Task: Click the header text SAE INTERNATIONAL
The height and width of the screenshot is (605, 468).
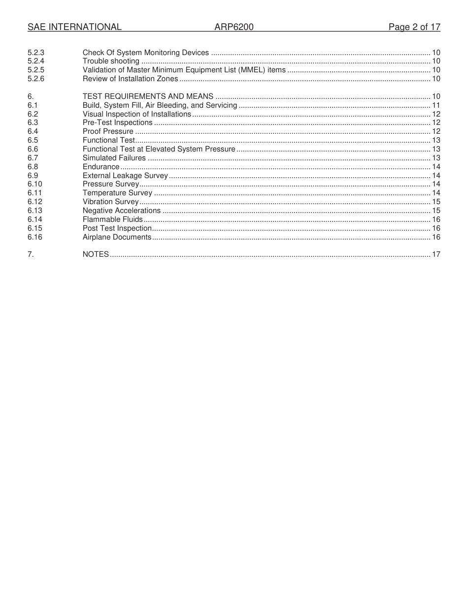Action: pyautogui.click(x=74, y=27)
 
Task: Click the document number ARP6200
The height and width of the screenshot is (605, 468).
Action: pyautogui.click(x=234, y=27)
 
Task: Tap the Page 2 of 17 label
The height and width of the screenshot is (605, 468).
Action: pyautogui.click(x=414, y=27)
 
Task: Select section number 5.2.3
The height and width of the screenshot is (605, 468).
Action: pyautogui.click(x=36, y=53)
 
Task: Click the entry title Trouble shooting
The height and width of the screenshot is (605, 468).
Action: pyautogui.click(x=111, y=61)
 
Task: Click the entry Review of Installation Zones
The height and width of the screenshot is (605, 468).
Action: pyautogui.click(x=130, y=79)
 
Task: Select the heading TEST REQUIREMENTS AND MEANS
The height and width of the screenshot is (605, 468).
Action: pyautogui.click(x=148, y=96)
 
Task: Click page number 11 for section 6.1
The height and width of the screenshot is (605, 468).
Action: pyautogui.click(x=436, y=105)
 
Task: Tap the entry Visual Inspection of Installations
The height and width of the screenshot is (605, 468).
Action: pyautogui.click(x=136, y=114)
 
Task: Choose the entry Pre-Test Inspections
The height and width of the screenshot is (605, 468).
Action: pyautogui.click(x=117, y=122)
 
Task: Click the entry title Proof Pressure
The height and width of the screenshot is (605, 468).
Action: pyautogui.click(x=108, y=131)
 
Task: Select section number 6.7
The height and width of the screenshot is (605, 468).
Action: pyautogui.click(x=33, y=158)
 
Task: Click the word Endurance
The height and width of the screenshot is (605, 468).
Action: pyautogui.click(x=101, y=167)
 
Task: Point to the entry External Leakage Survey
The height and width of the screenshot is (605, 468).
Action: pyautogui.click(x=125, y=176)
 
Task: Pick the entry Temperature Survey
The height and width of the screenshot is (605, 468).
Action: pyautogui.click(x=117, y=193)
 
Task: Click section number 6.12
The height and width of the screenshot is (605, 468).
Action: pyautogui.click(x=34, y=202)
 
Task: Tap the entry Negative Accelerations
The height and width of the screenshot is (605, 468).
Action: pyautogui.click(x=122, y=211)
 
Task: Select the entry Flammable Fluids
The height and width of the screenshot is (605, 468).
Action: pyautogui.click(x=112, y=219)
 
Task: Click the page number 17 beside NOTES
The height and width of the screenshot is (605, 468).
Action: pyautogui.click(x=436, y=254)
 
